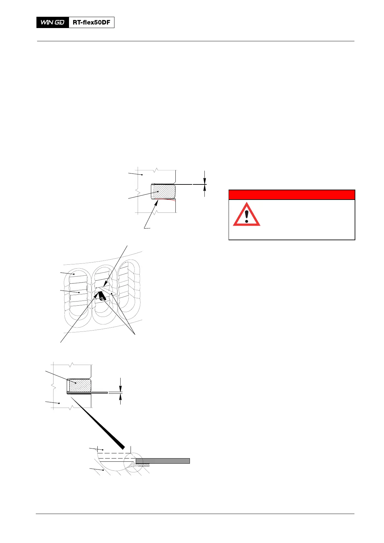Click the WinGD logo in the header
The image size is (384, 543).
(53, 23)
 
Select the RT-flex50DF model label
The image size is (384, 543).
(92, 23)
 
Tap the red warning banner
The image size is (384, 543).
(291, 195)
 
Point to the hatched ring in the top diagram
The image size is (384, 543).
(164, 191)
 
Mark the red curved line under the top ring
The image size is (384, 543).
(168, 200)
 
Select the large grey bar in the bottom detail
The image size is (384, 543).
(162, 461)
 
